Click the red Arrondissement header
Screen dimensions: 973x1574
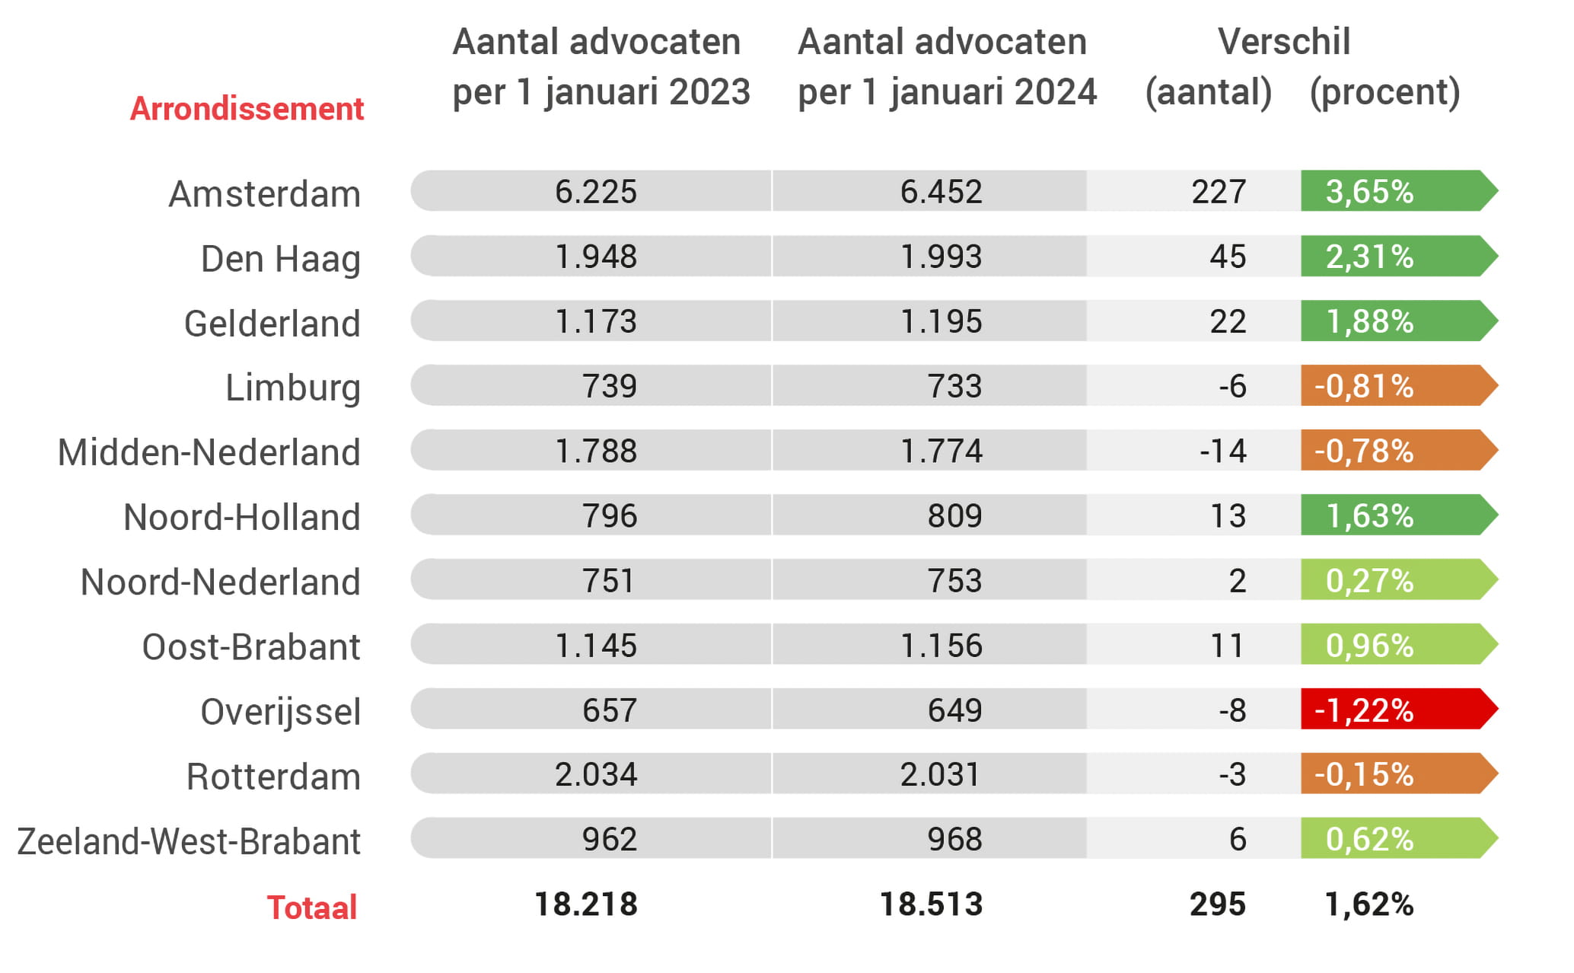(x=247, y=109)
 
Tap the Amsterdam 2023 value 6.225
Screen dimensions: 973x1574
(x=595, y=191)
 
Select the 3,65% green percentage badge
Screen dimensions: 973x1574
(x=1370, y=191)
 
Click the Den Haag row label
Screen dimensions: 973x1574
(x=280, y=259)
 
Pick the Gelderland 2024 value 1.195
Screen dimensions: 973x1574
(x=941, y=321)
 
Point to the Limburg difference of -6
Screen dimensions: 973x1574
(x=1232, y=386)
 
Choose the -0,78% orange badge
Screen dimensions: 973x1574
(x=1364, y=451)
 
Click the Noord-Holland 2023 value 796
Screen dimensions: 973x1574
(x=609, y=515)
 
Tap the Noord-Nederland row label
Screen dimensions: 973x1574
(x=220, y=582)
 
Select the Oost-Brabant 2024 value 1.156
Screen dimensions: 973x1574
(x=941, y=646)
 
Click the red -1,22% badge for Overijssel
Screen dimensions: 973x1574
(x=1364, y=710)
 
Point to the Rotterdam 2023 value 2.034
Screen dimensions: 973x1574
(x=595, y=774)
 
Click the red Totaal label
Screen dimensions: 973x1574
(x=311, y=908)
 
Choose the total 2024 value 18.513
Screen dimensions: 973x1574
(x=931, y=904)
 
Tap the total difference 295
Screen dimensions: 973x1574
(x=1218, y=904)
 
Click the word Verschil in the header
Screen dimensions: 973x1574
(x=1284, y=41)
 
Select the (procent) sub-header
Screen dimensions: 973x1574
(x=1384, y=92)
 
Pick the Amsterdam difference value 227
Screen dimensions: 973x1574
(x=1219, y=191)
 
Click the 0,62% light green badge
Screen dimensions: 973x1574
(x=1370, y=839)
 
